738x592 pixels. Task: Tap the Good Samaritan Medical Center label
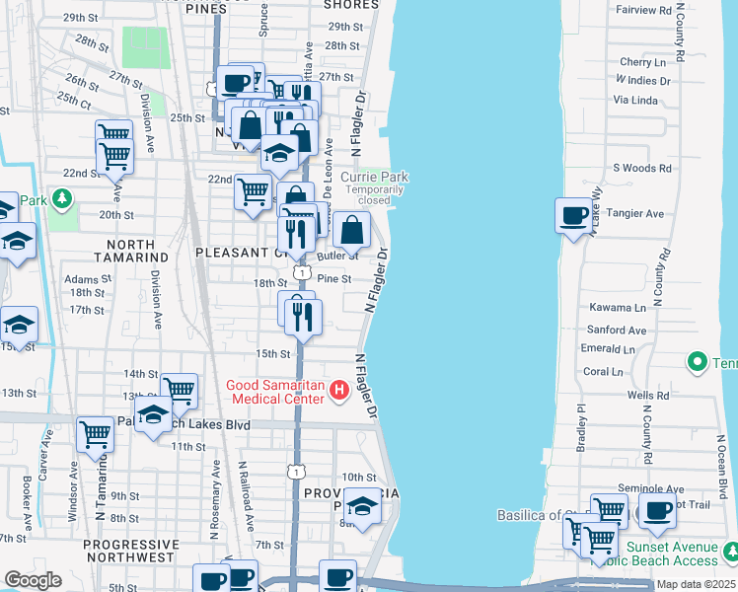[x=275, y=392]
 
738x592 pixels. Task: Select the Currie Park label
[x=374, y=177]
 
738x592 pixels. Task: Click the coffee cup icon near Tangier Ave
[x=573, y=214]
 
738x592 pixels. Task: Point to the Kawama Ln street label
[x=617, y=308]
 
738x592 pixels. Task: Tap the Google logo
[x=33, y=580]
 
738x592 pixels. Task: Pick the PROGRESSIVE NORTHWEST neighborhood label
[x=135, y=553]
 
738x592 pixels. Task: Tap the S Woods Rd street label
[x=642, y=169]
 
